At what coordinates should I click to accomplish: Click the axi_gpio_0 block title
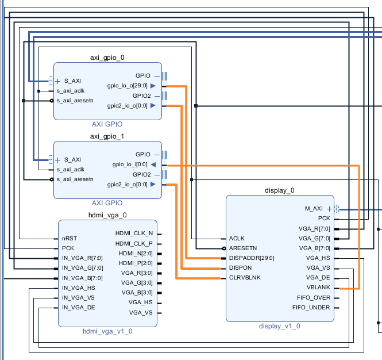(107, 58)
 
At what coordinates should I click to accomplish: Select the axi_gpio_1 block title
(107, 136)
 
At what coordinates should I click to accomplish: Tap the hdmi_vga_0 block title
(107, 215)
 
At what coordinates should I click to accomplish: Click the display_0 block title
(280, 190)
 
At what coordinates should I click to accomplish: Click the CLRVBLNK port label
(245, 278)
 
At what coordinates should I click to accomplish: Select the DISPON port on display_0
(241, 268)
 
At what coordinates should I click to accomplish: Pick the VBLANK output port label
(319, 288)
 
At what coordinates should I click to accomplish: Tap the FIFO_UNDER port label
(311, 308)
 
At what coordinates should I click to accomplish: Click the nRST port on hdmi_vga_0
(70, 238)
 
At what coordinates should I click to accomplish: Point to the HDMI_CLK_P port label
(134, 243)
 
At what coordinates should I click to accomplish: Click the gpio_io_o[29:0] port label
(128, 86)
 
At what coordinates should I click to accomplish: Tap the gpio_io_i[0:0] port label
(130, 164)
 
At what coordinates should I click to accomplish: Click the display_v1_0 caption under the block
(279, 326)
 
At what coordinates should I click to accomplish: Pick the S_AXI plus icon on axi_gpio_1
(57, 160)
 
